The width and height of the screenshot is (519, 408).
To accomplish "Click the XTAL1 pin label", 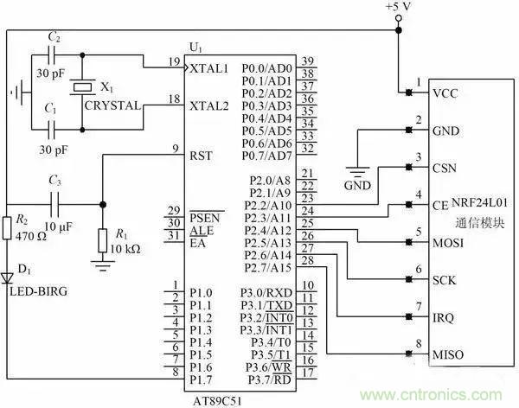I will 210,67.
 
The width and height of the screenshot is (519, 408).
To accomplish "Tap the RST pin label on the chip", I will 202,156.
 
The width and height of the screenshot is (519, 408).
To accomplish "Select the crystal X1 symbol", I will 82,87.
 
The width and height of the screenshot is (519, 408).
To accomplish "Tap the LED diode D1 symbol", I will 8,277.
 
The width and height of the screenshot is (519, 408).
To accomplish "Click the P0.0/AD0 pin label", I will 266,67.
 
